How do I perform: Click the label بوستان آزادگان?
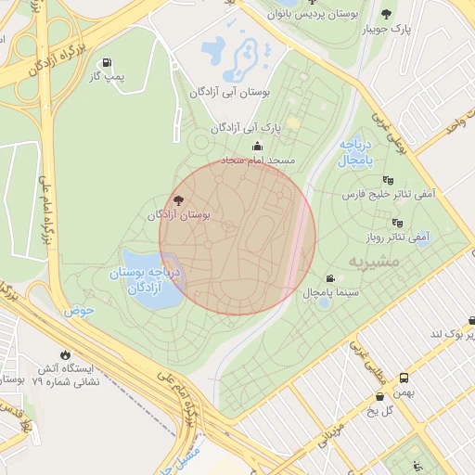pos(179,214)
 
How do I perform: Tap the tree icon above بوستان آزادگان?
pos(178,199)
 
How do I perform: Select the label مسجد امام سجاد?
pos(257,160)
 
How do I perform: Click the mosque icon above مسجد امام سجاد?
pos(257,147)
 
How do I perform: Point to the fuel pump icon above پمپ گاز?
pos(111,60)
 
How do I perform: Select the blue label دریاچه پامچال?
pos(354,153)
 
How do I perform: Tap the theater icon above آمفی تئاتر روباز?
pos(397,223)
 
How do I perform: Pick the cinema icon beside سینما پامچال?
pos(330,279)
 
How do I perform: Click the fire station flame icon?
pos(64,354)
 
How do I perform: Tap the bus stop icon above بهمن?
pos(404,378)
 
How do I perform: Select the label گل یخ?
pos(381,410)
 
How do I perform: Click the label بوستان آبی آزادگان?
pos(228,93)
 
